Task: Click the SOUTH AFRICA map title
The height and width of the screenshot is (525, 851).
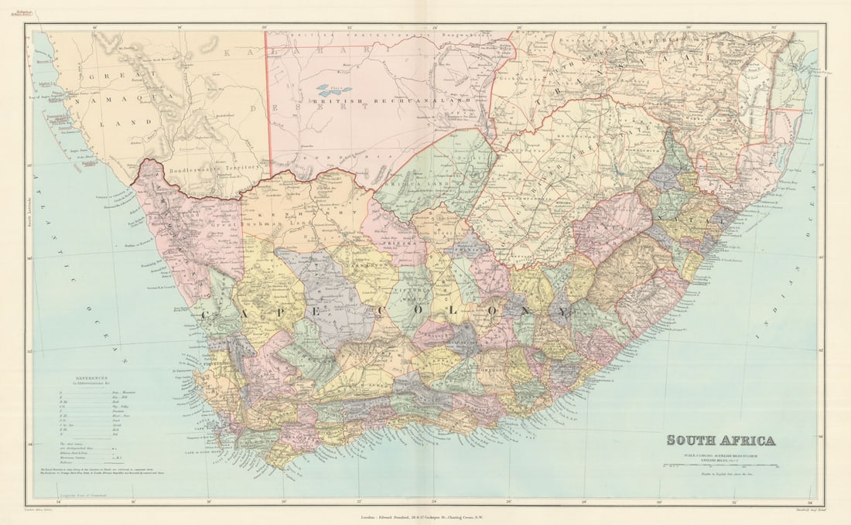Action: click(720, 441)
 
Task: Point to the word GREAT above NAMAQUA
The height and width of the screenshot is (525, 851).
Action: click(109, 78)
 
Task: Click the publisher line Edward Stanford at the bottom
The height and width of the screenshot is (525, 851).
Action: click(425, 512)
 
